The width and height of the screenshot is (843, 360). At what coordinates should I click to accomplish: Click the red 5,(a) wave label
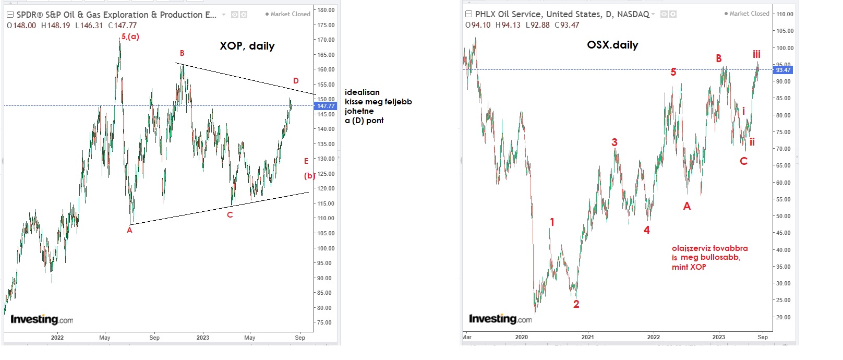pyautogui.click(x=130, y=37)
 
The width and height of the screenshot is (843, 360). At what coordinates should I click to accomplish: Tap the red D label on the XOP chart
pyautogui.click(x=296, y=81)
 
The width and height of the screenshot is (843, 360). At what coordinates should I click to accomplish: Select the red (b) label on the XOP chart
pyautogui.click(x=309, y=176)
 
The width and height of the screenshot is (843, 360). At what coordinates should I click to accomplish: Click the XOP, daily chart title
pyautogui.click(x=247, y=46)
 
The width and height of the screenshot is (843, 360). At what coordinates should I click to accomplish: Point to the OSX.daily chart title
pyautogui.click(x=612, y=45)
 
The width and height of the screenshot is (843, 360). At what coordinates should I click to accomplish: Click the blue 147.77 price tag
pyautogui.click(x=326, y=106)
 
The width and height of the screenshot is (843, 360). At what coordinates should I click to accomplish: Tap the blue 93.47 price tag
pyautogui.click(x=783, y=70)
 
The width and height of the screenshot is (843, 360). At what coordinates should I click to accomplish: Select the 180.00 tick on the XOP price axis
pyautogui.click(x=326, y=10)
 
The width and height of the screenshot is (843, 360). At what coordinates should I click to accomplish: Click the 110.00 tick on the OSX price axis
pyautogui.click(x=785, y=14)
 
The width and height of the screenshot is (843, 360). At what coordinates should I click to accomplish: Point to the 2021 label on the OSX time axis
pyautogui.click(x=587, y=337)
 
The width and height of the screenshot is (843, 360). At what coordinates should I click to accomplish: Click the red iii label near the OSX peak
pyautogui.click(x=756, y=54)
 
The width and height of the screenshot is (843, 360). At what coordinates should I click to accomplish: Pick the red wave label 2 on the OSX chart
pyautogui.click(x=576, y=304)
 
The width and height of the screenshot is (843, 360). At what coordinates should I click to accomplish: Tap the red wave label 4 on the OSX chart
pyautogui.click(x=646, y=230)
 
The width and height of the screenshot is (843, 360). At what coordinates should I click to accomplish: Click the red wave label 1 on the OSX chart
pyautogui.click(x=552, y=222)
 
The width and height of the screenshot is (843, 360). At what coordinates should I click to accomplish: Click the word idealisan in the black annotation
pyautogui.click(x=362, y=92)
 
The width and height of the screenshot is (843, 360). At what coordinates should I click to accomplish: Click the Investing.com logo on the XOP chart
pyautogui.click(x=42, y=319)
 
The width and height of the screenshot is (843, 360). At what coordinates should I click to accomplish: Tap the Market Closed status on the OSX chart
pyautogui.click(x=746, y=14)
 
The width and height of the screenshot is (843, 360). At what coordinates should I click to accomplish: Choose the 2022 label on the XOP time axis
pyautogui.click(x=57, y=338)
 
